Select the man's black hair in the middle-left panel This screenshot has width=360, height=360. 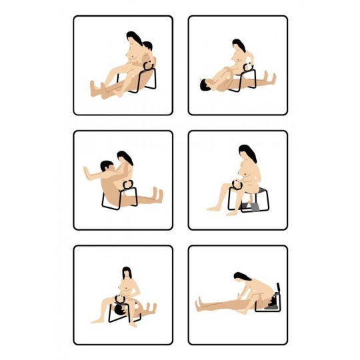[x=105, y=165]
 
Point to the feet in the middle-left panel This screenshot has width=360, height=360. [x=159, y=195]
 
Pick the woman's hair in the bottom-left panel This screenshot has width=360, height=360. [x=125, y=273]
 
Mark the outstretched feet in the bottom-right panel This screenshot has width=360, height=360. [x=198, y=306]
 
